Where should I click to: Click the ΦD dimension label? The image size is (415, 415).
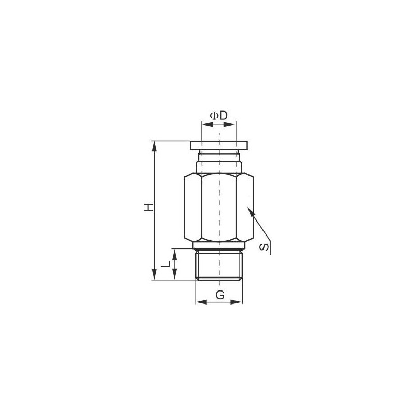pos(218,116)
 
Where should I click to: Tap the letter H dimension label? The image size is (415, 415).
pos(148,207)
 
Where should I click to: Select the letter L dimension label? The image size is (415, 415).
pos(165,264)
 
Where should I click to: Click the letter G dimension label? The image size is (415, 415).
pos(220,294)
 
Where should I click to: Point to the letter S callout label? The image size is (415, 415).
pos(264,247)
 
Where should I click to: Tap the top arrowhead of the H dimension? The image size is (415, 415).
pos(154,146)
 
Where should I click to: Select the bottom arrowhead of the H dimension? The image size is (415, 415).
pos(154,274)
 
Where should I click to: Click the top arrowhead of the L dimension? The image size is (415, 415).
pos(174,254)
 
